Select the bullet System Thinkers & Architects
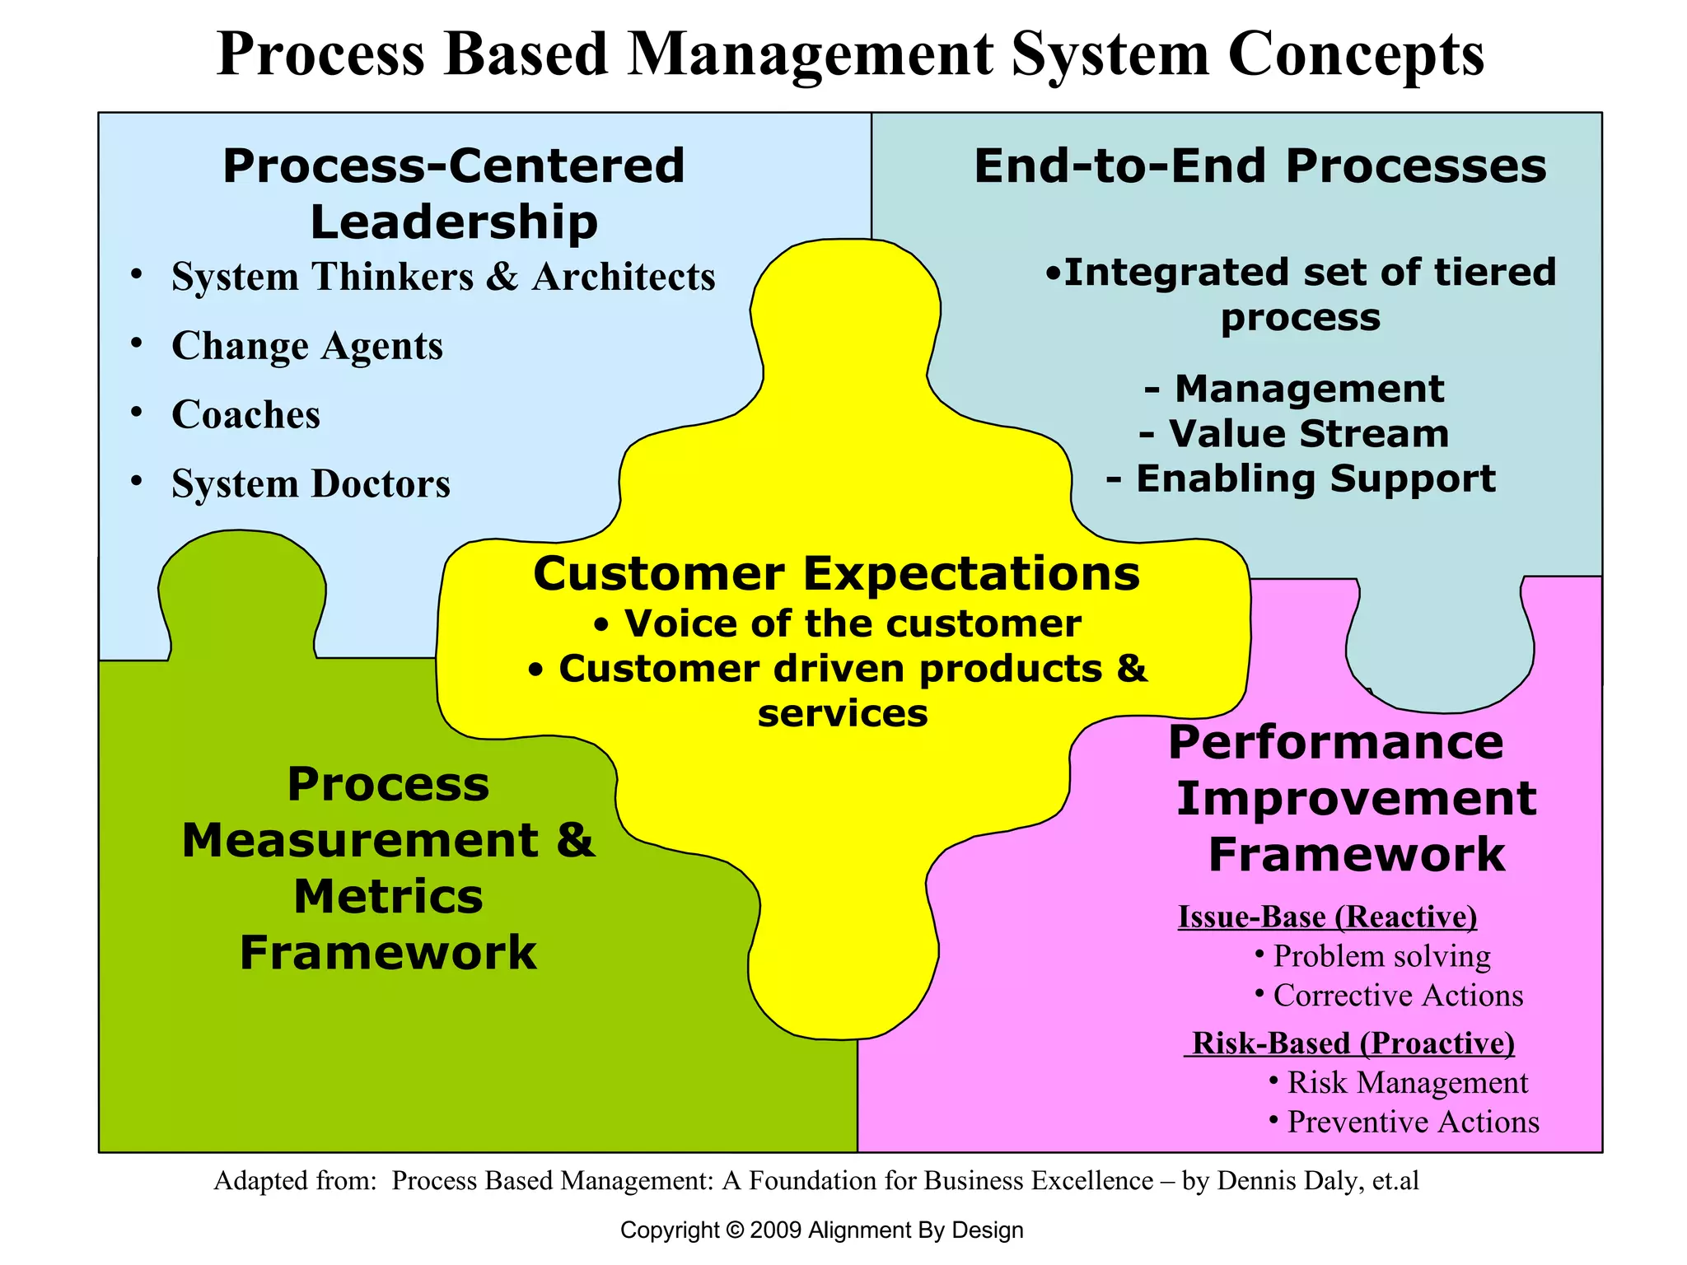[x=442, y=277]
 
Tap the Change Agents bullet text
[x=306, y=346]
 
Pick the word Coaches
[x=245, y=415]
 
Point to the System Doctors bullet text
[x=311, y=484]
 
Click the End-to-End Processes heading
[x=1259, y=166]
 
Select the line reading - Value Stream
[x=1294, y=434]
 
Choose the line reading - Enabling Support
[x=1301, y=478]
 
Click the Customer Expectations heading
[x=836, y=574]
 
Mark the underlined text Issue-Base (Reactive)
[x=1327, y=917]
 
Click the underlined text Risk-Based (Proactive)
[x=1352, y=1043]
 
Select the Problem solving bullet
[x=1381, y=956]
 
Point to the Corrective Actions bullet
[x=1397, y=996]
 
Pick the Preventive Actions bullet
[x=1412, y=1123]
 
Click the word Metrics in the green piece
[x=388, y=897]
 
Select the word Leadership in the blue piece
[x=454, y=222]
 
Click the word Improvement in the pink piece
[x=1356, y=799]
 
